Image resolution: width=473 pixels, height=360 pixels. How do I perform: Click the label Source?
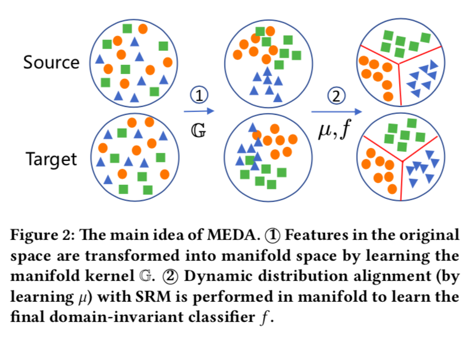51,62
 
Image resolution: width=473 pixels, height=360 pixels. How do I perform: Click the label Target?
51,160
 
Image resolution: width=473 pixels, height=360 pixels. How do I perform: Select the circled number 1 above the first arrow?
199,95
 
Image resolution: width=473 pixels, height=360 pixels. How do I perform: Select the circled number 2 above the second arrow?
336,95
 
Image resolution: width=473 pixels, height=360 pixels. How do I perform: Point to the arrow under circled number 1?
199,111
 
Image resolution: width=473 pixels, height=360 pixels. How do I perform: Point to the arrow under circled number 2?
336,111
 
